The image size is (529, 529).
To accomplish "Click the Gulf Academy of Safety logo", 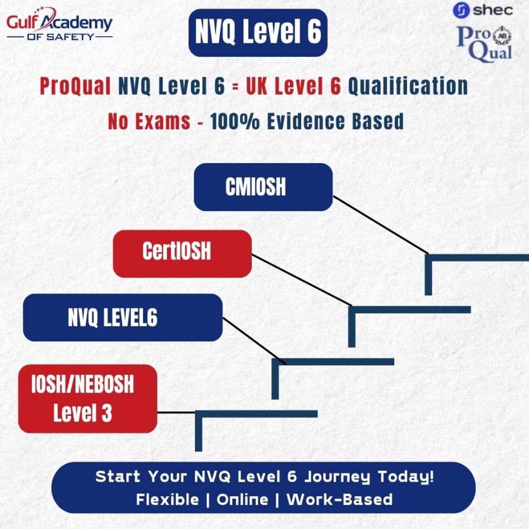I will (59, 25).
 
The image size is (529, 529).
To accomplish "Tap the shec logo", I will (483, 10).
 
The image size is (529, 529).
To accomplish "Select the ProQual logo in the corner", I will (484, 43).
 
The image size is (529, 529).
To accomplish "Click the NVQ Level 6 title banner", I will (258, 33).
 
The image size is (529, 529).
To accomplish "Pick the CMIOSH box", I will (263, 187).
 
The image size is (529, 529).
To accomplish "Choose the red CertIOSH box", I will (182, 253).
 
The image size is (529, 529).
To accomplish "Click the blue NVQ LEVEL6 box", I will (123, 317).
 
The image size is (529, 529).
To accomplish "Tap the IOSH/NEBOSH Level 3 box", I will (87, 398).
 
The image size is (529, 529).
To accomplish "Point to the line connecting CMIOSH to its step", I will (381, 225).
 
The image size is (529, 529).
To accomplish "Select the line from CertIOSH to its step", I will (301, 280).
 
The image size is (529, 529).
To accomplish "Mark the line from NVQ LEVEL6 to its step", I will (254, 341).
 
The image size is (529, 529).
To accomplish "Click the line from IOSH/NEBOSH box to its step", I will (176, 413).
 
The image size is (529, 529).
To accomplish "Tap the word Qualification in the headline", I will (408, 87).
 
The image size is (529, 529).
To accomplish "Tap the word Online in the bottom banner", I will (241, 499).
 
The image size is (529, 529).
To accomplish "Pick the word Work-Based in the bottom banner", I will (339, 499).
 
